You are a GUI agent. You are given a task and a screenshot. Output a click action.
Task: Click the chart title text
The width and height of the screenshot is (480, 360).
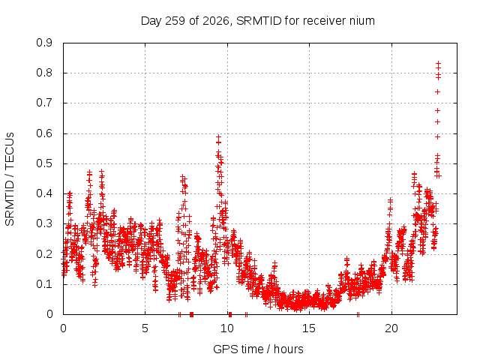258,21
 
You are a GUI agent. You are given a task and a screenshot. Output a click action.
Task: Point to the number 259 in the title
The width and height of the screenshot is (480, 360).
175,21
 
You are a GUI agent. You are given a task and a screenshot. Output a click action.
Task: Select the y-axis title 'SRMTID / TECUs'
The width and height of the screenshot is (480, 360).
10,179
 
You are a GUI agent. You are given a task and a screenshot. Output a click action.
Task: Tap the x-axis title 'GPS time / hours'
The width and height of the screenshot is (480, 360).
258,349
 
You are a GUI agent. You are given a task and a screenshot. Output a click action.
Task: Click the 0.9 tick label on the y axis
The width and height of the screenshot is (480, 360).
44,43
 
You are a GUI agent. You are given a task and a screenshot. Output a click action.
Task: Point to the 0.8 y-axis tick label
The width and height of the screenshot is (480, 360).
44,73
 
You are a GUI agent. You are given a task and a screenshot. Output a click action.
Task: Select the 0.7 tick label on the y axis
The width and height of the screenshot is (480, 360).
44,103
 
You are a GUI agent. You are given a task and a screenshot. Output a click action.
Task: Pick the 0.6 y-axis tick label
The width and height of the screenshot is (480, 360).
44,133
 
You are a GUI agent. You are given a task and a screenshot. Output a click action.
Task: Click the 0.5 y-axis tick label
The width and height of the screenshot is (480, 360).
44,163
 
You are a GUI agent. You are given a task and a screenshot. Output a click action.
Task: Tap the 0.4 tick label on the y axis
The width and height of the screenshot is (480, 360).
44,193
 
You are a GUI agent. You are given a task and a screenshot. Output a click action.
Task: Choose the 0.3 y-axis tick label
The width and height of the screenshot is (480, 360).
44,223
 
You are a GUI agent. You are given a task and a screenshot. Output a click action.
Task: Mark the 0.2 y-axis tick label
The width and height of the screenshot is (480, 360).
44,254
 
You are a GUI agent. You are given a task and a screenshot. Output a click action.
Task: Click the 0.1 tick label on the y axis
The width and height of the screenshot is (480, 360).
44,284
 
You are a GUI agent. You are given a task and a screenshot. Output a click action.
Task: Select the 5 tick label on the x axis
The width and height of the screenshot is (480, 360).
145,328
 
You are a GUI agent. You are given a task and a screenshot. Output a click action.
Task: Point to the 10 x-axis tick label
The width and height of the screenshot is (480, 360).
227,328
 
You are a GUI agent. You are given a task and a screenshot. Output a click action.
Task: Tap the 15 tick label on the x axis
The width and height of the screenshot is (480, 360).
309,328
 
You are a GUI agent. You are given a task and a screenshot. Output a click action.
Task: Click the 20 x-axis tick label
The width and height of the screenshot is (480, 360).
391,328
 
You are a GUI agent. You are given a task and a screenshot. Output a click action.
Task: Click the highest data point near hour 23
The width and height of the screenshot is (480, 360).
438,63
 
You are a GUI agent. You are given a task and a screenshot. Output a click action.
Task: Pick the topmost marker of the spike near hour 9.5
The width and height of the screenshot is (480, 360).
218,136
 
